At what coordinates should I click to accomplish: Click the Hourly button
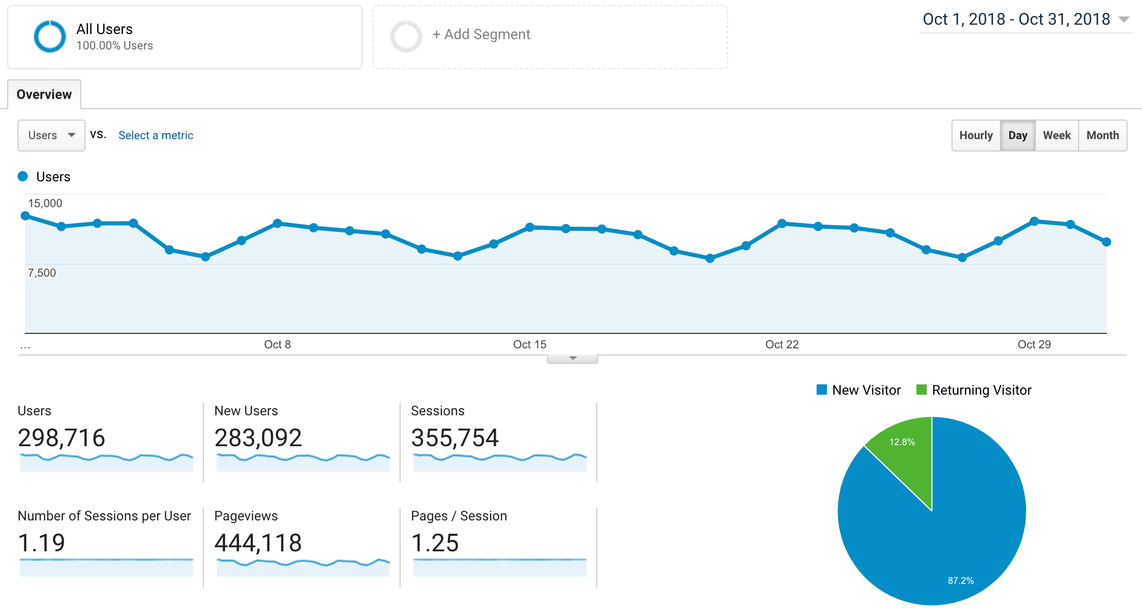[x=976, y=136]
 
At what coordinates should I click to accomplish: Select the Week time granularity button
[x=1057, y=136]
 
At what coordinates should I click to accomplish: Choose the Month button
[x=1102, y=136]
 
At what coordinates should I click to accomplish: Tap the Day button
[x=1017, y=136]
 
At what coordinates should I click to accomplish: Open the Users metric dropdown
[x=51, y=136]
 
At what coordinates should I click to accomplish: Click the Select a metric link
[x=155, y=136]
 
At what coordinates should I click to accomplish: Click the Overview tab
[x=44, y=94]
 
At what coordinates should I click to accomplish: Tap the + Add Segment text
[x=481, y=35]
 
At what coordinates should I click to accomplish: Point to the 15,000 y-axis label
[x=45, y=204]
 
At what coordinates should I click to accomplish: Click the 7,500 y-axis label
[x=42, y=273]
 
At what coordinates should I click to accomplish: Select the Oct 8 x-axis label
[x=277, y=345]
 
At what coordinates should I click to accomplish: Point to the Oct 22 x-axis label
[x=782, y=345]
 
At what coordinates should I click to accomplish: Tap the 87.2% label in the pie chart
[x=961, y=581]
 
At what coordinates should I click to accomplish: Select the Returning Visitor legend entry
[x=974, y=390]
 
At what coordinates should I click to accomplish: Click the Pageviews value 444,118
[x=258, y=543]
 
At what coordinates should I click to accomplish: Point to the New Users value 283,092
[x=258, y=438]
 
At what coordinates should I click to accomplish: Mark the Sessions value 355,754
[x=455, y=438]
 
